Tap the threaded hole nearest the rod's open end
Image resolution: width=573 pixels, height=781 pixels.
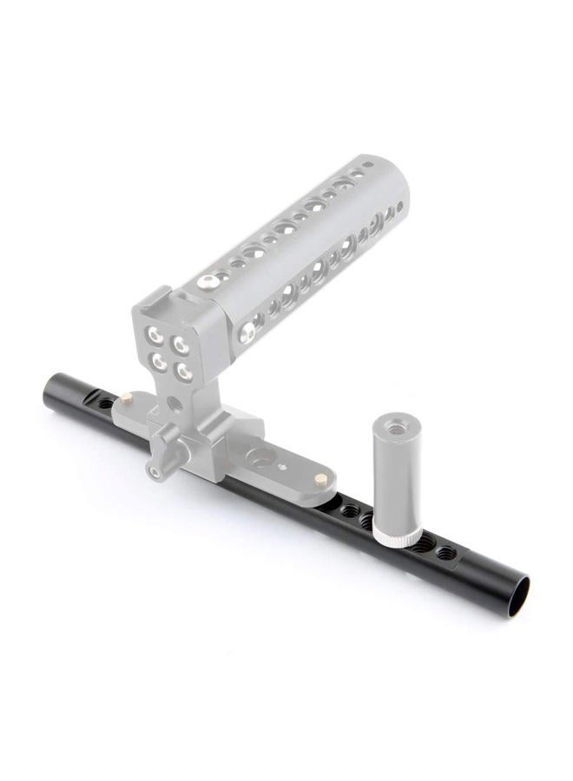pyautogui.click(x=445, y=552)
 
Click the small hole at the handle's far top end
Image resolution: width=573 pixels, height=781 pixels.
pyautogui.click(x=369, y=163)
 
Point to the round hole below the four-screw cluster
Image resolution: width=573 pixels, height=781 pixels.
pyautogui.click(x=175, y=404)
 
